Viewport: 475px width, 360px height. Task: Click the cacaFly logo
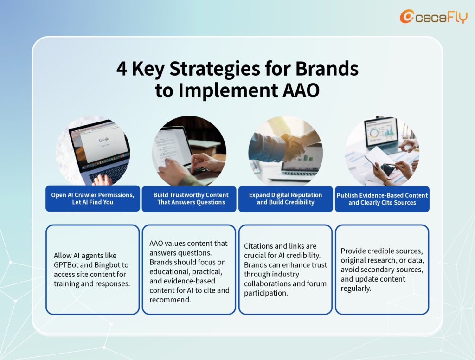click(433, 16)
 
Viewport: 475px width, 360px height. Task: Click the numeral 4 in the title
click(122, 69)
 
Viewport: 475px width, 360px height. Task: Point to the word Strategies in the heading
click(215, 70)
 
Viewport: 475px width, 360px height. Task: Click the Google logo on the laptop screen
click(103, 140)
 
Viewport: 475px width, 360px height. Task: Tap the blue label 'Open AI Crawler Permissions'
click(93, 199)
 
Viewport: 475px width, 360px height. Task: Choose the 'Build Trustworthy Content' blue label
click(189, 199)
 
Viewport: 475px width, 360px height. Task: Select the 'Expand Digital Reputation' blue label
click(285, 199)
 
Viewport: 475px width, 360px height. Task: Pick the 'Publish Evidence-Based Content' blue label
click(382, 199)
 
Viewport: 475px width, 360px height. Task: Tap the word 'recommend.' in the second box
click(170, 300)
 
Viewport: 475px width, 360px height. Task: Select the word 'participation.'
click(266, 293)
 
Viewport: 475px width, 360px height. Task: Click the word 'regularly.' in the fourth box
click(356, 288)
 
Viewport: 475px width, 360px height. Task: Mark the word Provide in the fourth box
click(353, 251)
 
